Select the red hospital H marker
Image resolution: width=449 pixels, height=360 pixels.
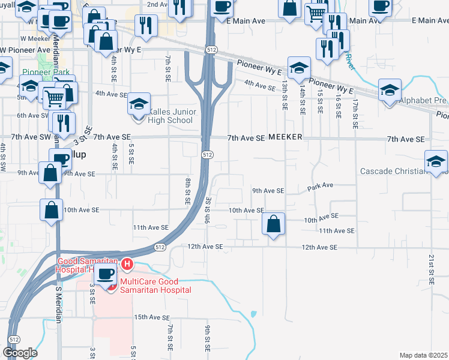pos(127,263)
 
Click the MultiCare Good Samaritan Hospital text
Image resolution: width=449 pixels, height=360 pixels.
pos(155,286)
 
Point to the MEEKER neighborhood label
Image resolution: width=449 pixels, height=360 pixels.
pos(285,138)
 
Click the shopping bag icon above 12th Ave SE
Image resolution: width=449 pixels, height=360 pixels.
pos(273,225)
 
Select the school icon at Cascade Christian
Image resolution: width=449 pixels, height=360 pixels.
pos(436,161)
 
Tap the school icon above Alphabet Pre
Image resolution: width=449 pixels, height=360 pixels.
pos(390,91)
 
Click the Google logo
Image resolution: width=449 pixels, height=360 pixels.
pos(20,352)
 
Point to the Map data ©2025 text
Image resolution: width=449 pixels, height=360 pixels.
pos(423,355)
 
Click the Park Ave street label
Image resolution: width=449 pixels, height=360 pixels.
pos(320,186)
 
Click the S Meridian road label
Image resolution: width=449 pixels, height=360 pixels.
pos(59,305)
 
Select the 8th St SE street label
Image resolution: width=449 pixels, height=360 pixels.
pos(188,191)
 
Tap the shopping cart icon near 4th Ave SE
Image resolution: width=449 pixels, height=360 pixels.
pos(54,97)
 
